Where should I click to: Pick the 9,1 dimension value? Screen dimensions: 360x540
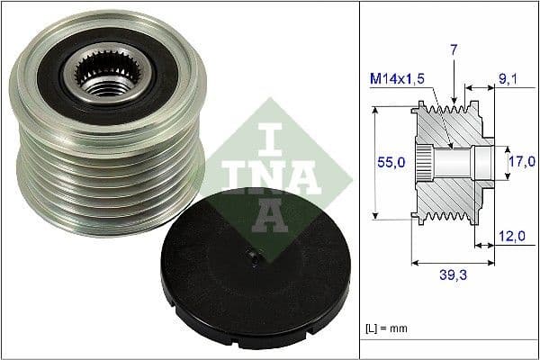coord(508,80)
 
